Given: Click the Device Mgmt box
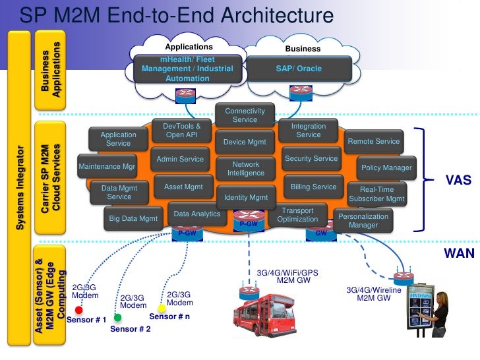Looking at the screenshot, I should point(244,142).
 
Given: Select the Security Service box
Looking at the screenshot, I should point(311,159).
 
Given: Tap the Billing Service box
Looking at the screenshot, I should point(313,187).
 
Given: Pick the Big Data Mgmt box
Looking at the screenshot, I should point(133,218).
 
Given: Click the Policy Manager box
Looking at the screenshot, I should point(386,168).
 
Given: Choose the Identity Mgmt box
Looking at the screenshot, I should point(246,197).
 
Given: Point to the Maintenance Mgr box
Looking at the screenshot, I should point(107,167).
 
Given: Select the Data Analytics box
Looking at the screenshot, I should point(196,214).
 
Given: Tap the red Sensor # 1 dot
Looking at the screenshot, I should point(78,310).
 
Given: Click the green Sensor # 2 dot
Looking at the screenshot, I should point(118,318).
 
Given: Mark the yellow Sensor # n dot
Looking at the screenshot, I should point(162,308).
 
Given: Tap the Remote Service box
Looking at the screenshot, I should point(373,142).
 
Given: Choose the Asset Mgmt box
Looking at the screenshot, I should point(183,187).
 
